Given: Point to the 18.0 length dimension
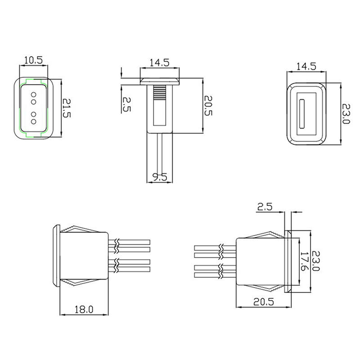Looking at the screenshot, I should coord(84,309).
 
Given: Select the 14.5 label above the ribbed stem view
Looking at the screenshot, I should coord(159,63).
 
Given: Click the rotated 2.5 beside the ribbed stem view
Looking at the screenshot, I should coord(126,104).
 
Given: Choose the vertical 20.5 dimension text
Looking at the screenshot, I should coord(208,106).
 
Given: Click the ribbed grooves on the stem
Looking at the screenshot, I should coord(160,94).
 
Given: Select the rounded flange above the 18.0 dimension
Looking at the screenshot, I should coord(56,255).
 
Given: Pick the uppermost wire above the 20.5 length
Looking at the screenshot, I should coord(214,247).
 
